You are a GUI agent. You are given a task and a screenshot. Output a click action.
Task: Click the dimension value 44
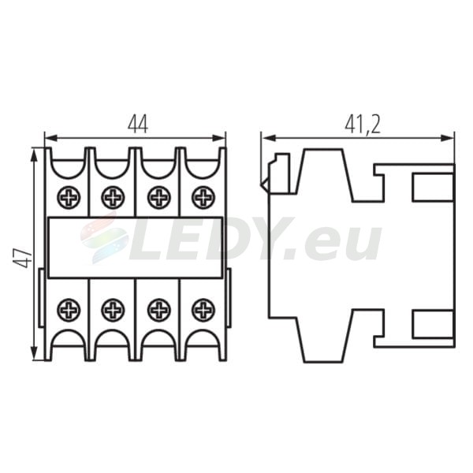coord(138,125)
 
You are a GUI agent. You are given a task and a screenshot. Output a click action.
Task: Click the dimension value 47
coord(22,259)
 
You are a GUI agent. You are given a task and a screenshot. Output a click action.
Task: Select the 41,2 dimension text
coord(363,125)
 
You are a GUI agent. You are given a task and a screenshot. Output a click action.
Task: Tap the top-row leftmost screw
coord(69,198)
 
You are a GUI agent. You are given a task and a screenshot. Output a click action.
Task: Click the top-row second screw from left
coord(113,198)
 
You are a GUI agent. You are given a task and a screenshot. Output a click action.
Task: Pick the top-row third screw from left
coord(159,198)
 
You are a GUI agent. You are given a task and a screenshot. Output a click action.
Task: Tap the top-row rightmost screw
coord(203,198)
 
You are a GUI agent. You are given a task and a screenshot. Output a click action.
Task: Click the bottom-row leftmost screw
coord(69,310)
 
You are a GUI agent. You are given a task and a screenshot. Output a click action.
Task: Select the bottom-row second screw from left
coord(113,310)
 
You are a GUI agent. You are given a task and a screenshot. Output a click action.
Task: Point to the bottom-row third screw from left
coord(159,310)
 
